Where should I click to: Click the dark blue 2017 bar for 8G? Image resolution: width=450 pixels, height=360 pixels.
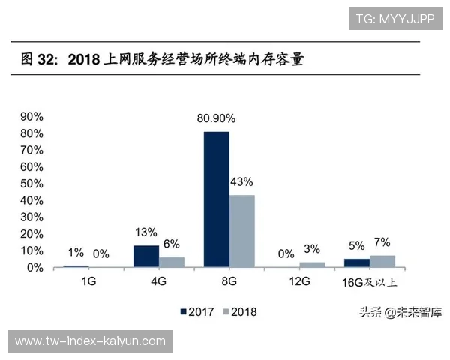(216, 199)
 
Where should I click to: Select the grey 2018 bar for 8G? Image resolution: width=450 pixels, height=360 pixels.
(241, 231)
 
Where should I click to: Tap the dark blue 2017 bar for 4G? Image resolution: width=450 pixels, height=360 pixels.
(146, 256)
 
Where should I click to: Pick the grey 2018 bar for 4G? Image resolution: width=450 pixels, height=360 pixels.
(172, 262)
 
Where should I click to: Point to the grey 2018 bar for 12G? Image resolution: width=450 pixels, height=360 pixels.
(312, 265)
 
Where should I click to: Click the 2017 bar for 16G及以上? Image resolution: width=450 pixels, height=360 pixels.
(357, 263)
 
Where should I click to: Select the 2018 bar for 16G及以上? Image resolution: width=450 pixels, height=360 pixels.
(382, 261)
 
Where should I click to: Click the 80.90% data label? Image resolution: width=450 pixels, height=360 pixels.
(216, 118)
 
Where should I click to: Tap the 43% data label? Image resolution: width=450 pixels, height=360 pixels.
(241, 181)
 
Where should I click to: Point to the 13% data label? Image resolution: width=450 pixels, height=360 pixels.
(145, 232)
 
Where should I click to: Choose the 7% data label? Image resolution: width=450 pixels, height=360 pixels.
(382, 242)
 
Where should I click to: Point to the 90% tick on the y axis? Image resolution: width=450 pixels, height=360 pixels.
(33, 117)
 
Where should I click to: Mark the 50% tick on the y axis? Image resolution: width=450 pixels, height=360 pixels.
(33, 184)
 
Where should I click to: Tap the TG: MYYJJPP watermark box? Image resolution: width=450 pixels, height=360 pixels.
(394, 18)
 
